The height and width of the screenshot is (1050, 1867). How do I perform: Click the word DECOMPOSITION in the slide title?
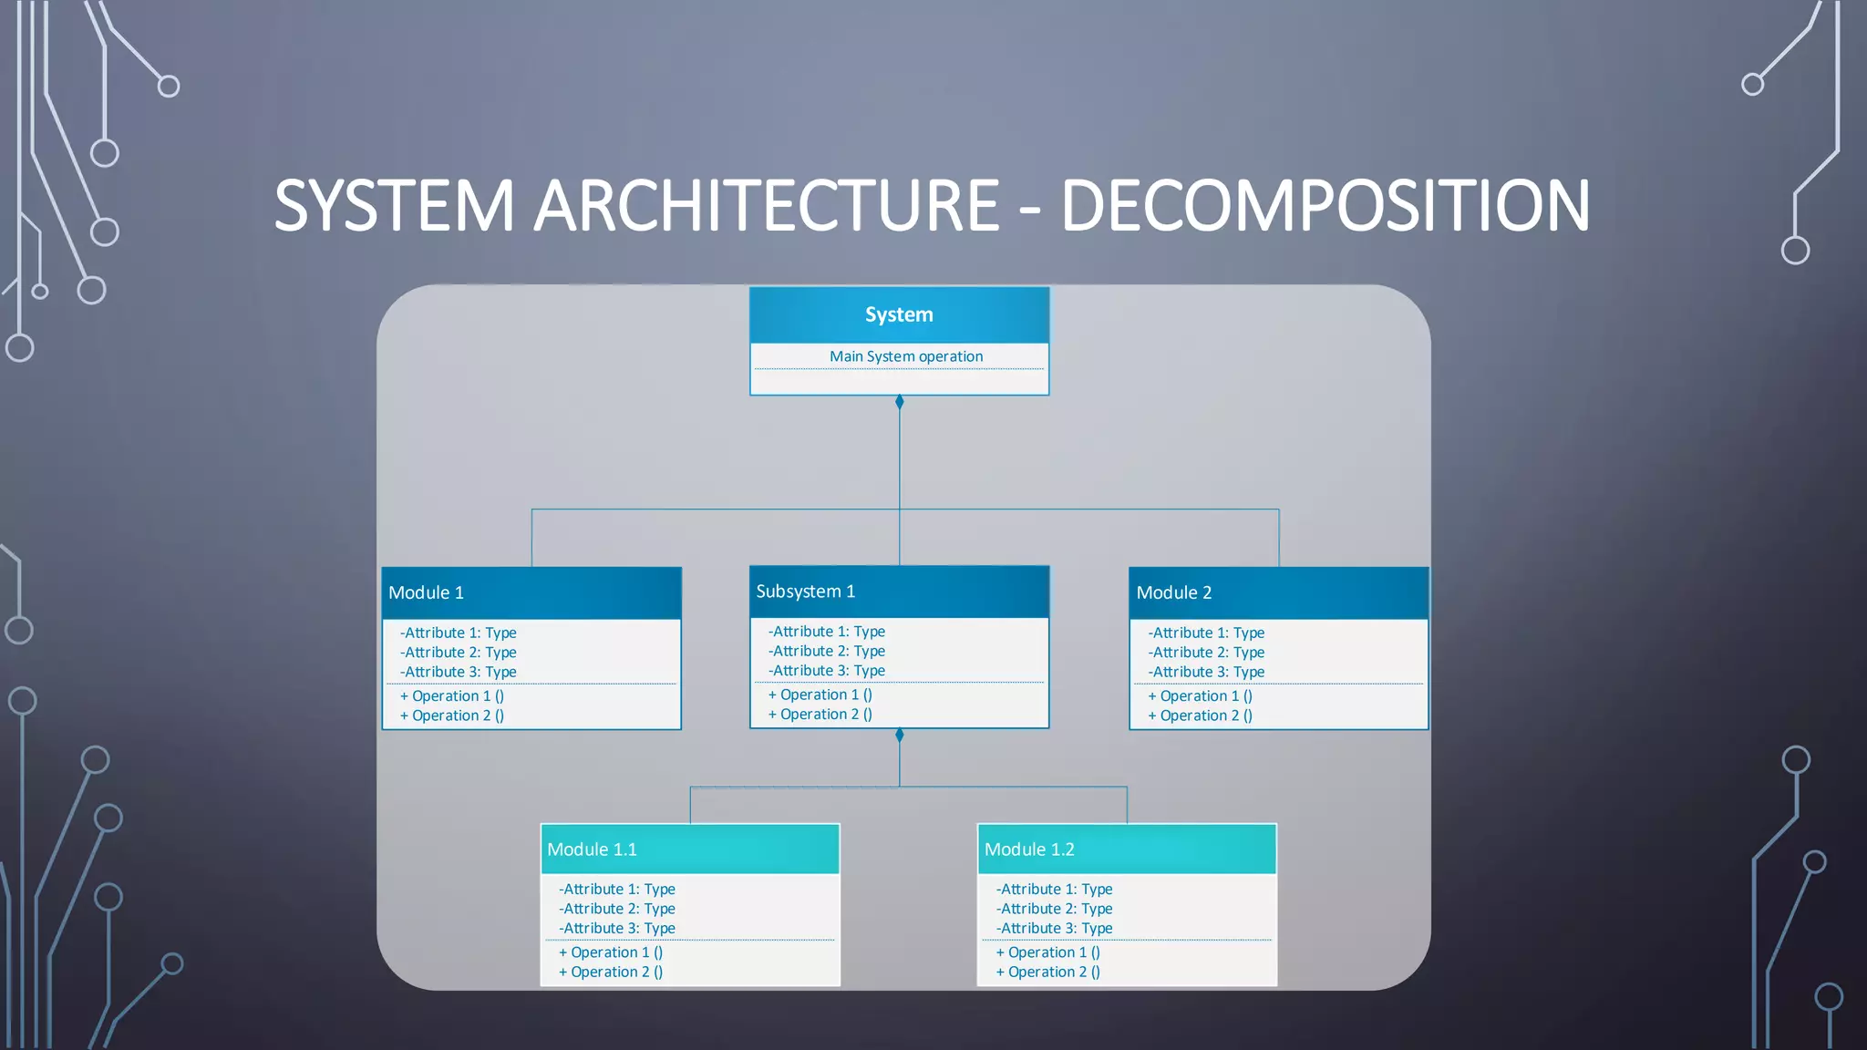coord(1325,206)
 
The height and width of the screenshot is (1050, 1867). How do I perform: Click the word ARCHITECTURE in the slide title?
coord(766,206)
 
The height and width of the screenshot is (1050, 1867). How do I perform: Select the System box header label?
coord(899,314)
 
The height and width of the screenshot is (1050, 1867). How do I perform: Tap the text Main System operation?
coord(906,356)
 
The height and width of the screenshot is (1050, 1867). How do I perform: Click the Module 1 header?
coord(426,592)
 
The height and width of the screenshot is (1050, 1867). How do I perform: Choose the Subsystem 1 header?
coord(806,592)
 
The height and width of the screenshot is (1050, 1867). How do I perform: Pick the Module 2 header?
coord(1174,592)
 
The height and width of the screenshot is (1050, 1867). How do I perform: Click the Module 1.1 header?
coord(592,849)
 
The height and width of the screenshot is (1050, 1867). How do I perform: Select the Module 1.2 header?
coord(1029,849)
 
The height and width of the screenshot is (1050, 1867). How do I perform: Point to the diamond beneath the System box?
coord(900,402)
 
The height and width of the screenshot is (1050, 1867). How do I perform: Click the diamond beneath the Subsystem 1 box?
coord(900,736)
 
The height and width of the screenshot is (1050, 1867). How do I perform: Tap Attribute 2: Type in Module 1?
coord(459,653)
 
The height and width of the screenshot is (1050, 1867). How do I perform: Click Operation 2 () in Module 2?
coord(1200,715)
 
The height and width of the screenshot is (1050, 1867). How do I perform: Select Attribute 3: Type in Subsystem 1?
coord(827,671)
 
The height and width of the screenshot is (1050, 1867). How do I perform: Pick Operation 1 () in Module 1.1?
coord(611,952)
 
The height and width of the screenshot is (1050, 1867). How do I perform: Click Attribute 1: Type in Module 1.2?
coord(1055,889)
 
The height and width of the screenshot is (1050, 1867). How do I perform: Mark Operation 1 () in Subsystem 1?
coord(820,695)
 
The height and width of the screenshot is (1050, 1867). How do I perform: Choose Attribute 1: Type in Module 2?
coord(1206,633)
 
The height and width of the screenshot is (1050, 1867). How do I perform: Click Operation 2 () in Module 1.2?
coord(1048,972)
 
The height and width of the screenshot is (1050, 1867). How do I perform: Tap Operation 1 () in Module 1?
coord(452,695)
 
